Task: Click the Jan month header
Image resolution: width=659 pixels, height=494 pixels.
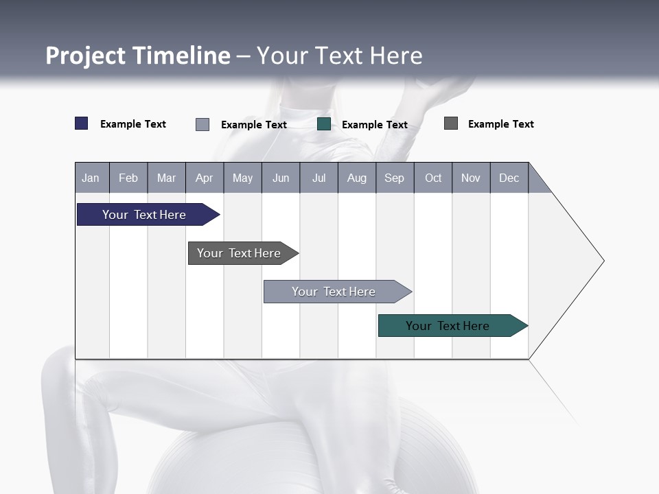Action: point(91,178)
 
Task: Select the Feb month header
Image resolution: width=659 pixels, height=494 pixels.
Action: point(128,178)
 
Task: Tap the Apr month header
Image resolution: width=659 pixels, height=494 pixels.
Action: point(204,178)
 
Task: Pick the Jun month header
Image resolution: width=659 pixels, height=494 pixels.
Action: point(281,178)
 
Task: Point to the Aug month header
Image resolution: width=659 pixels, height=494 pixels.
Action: point(356,178)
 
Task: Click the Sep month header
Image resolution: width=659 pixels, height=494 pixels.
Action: point(394,178)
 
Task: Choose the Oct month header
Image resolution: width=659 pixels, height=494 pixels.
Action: point(433,178)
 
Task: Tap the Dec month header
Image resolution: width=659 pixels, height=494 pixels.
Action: point(509,178)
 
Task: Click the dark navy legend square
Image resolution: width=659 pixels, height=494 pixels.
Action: point(82,123)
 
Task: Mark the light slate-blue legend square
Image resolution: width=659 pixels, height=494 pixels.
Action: point(203,124)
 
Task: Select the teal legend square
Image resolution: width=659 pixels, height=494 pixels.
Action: point(324,124)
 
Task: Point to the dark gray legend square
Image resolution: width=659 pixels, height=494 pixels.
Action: point(451,123)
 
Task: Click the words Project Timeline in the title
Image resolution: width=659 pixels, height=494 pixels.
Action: point(138,56)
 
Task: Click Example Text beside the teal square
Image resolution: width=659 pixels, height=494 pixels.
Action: point(375,125)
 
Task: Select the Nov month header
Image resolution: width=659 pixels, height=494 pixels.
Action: point(471,178)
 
